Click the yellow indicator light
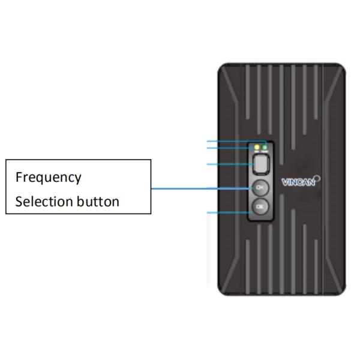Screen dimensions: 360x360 tap(257, 146)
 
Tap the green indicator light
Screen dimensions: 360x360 tap(265, 146)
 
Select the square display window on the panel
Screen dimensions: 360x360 tap(260, 163)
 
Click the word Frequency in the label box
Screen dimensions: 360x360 tap(48, 178)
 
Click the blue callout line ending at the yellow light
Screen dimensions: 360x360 tap(231, 146)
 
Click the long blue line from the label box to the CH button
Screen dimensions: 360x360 tap(198, 188)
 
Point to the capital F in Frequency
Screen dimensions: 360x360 tap(19, 178)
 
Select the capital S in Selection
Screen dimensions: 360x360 tap(19, 201)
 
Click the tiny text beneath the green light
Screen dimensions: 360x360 tap(265, 151)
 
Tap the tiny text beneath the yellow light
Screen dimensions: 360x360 tap(257, 151)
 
